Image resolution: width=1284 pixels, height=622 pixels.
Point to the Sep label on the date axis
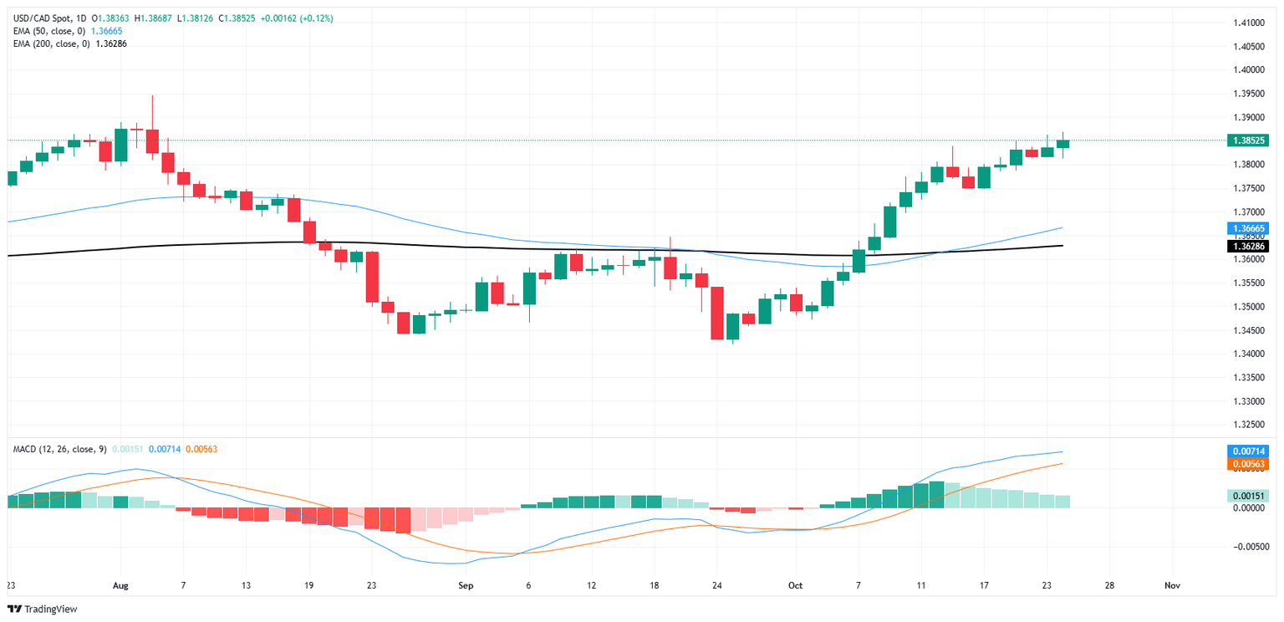[466, 586]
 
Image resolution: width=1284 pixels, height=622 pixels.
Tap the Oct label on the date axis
[794, 586]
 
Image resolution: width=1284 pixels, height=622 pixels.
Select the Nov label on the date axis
[1171, 586]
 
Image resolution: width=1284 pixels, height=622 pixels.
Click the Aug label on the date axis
[120, 586]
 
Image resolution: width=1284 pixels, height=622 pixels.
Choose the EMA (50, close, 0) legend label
[49, 31]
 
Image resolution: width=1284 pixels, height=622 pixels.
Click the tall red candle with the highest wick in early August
[152, 140]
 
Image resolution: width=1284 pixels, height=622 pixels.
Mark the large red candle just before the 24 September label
[716, 313]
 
